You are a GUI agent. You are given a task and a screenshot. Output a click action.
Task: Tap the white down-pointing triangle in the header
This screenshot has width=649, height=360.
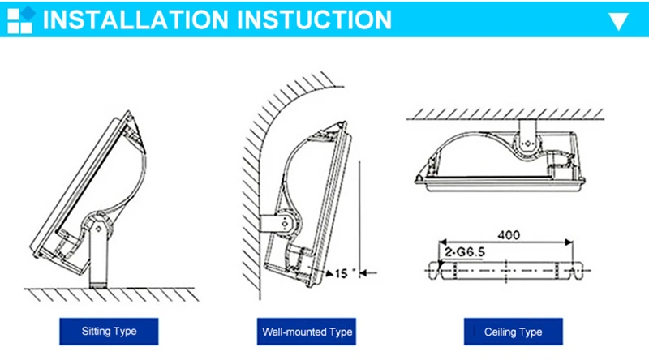[618, 21]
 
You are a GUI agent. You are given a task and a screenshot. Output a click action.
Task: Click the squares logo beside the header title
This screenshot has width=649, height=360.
[22, 19]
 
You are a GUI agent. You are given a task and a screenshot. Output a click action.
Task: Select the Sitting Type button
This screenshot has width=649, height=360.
[109, 332]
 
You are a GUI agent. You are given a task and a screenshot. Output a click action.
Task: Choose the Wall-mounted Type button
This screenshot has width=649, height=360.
[307, 332]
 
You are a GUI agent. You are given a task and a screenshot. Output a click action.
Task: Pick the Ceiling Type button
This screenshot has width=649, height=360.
[514, 332]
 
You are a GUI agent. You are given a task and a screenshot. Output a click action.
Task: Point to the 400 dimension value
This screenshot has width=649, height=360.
[509, 235]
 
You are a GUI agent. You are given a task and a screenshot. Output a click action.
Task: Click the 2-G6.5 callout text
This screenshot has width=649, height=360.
[464, 251]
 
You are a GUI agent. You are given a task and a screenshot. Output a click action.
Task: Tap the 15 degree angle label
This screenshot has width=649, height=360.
[344, 273]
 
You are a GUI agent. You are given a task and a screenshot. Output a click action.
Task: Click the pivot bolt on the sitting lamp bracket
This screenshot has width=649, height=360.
[98, 229]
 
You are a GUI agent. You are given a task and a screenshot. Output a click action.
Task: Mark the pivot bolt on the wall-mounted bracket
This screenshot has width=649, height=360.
[285, 224]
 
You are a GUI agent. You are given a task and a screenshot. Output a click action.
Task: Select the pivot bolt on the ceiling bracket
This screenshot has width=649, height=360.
[527, 144]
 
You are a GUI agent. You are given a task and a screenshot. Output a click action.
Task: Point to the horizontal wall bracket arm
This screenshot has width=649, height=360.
[271, 224]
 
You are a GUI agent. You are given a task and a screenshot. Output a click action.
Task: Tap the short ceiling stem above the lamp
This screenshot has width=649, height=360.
[527, 128]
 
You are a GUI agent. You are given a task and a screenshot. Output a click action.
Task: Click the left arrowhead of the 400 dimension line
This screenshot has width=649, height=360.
[442, 242]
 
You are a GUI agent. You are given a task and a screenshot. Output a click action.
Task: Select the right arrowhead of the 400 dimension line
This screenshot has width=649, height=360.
[569, 242]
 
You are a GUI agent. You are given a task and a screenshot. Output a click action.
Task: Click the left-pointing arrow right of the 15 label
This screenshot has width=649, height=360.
[368, 272]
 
